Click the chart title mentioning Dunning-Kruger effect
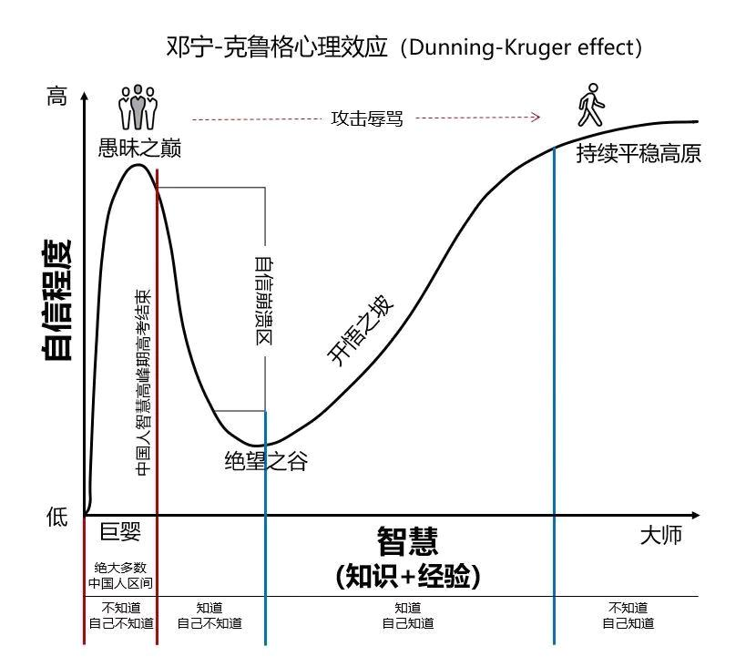click(x=405, y=47)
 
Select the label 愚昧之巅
click(x=138, y=149)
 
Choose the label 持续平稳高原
click(x=638, y=154)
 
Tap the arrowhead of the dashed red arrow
click(x=537, y=118)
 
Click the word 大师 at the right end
click(x=660, y=536)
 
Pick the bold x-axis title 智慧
click(x=407, y=541)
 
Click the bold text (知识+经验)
click(x=407, y=576)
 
